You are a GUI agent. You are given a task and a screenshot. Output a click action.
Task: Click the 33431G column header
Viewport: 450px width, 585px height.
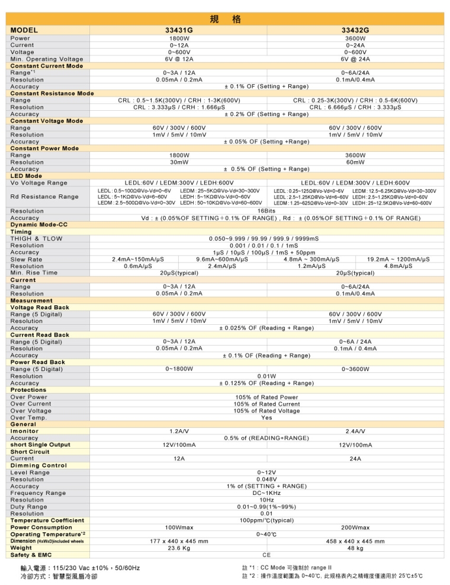click(179, 30)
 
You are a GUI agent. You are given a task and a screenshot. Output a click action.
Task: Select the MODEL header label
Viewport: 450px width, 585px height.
click(24, 30)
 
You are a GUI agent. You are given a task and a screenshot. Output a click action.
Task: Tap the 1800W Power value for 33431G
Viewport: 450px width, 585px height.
click(179, 38)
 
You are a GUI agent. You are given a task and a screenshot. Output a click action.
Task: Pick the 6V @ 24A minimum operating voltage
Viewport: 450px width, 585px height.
click(355, 59)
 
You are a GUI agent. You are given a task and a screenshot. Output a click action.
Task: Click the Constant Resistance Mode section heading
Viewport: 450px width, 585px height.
click(52, 94)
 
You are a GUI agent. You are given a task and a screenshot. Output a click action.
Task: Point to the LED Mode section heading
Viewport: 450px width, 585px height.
click(26, 176)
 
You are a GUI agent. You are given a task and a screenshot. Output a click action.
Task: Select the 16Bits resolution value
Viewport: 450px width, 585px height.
click(266, 211)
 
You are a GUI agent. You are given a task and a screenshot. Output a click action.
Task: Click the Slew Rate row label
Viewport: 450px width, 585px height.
click(26, 260)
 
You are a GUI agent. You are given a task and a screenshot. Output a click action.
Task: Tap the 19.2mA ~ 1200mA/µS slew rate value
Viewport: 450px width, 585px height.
click(398, 260)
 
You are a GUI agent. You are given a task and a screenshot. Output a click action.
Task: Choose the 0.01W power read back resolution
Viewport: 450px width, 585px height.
click(266, 376)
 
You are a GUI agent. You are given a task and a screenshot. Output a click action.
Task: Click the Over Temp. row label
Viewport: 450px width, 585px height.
click(28, 418)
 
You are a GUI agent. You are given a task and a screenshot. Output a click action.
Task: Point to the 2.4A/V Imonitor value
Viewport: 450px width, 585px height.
click(355, 431)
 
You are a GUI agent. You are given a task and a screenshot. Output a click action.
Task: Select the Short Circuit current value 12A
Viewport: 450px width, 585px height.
click(179, 459)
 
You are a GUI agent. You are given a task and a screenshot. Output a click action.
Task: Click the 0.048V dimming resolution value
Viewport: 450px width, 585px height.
click(266, 479)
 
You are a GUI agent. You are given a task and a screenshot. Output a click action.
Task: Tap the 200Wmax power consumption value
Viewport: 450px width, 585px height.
click(355, 528)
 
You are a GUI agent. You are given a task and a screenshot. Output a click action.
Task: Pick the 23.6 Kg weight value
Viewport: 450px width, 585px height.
click(179, 548)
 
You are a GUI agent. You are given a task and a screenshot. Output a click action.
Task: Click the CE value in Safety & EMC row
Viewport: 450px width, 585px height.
click(266, 555)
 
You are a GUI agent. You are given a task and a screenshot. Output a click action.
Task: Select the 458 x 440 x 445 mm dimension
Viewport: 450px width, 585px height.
click(355, 541)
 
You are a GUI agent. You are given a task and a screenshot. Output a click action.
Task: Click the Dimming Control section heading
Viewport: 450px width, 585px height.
click(38, 466)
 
